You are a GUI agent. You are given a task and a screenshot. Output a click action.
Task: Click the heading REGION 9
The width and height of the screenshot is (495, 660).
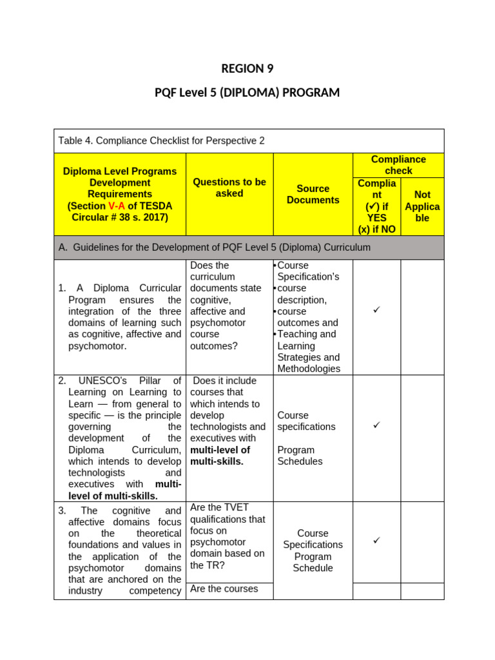coord(247,69)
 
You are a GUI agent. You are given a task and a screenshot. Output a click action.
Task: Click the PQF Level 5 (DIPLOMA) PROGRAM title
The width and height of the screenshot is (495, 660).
coord(247,93)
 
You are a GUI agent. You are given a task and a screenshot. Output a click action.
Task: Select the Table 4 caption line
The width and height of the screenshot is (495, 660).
coord(161,141)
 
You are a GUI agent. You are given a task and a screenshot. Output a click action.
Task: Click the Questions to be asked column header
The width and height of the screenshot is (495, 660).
coord(229,188)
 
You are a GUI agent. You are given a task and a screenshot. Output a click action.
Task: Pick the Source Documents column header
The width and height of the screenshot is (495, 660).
coord(313,194)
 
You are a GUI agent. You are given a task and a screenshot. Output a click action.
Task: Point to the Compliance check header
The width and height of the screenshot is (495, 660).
coord(398,165)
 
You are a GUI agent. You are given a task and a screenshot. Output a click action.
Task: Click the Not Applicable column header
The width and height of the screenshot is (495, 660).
coord(422,206)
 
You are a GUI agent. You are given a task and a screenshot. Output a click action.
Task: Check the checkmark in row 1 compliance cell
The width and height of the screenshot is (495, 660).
coord(377,311)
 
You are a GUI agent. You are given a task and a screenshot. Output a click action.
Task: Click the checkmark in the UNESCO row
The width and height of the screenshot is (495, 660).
coord(377,425)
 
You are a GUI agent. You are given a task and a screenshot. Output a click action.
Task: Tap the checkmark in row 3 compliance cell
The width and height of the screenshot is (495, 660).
coord(377,540)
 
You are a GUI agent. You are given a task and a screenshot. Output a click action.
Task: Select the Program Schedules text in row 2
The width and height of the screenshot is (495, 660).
coord(300,456)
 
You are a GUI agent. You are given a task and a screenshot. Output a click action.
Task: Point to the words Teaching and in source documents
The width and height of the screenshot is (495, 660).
coord(306,334)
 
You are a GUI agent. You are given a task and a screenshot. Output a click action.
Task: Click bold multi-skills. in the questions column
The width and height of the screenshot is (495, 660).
coord(217,461)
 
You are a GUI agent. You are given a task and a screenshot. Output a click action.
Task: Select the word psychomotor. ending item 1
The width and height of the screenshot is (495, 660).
coord(97,346)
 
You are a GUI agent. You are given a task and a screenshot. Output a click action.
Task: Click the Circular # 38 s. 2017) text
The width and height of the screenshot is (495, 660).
coord(120,217)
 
